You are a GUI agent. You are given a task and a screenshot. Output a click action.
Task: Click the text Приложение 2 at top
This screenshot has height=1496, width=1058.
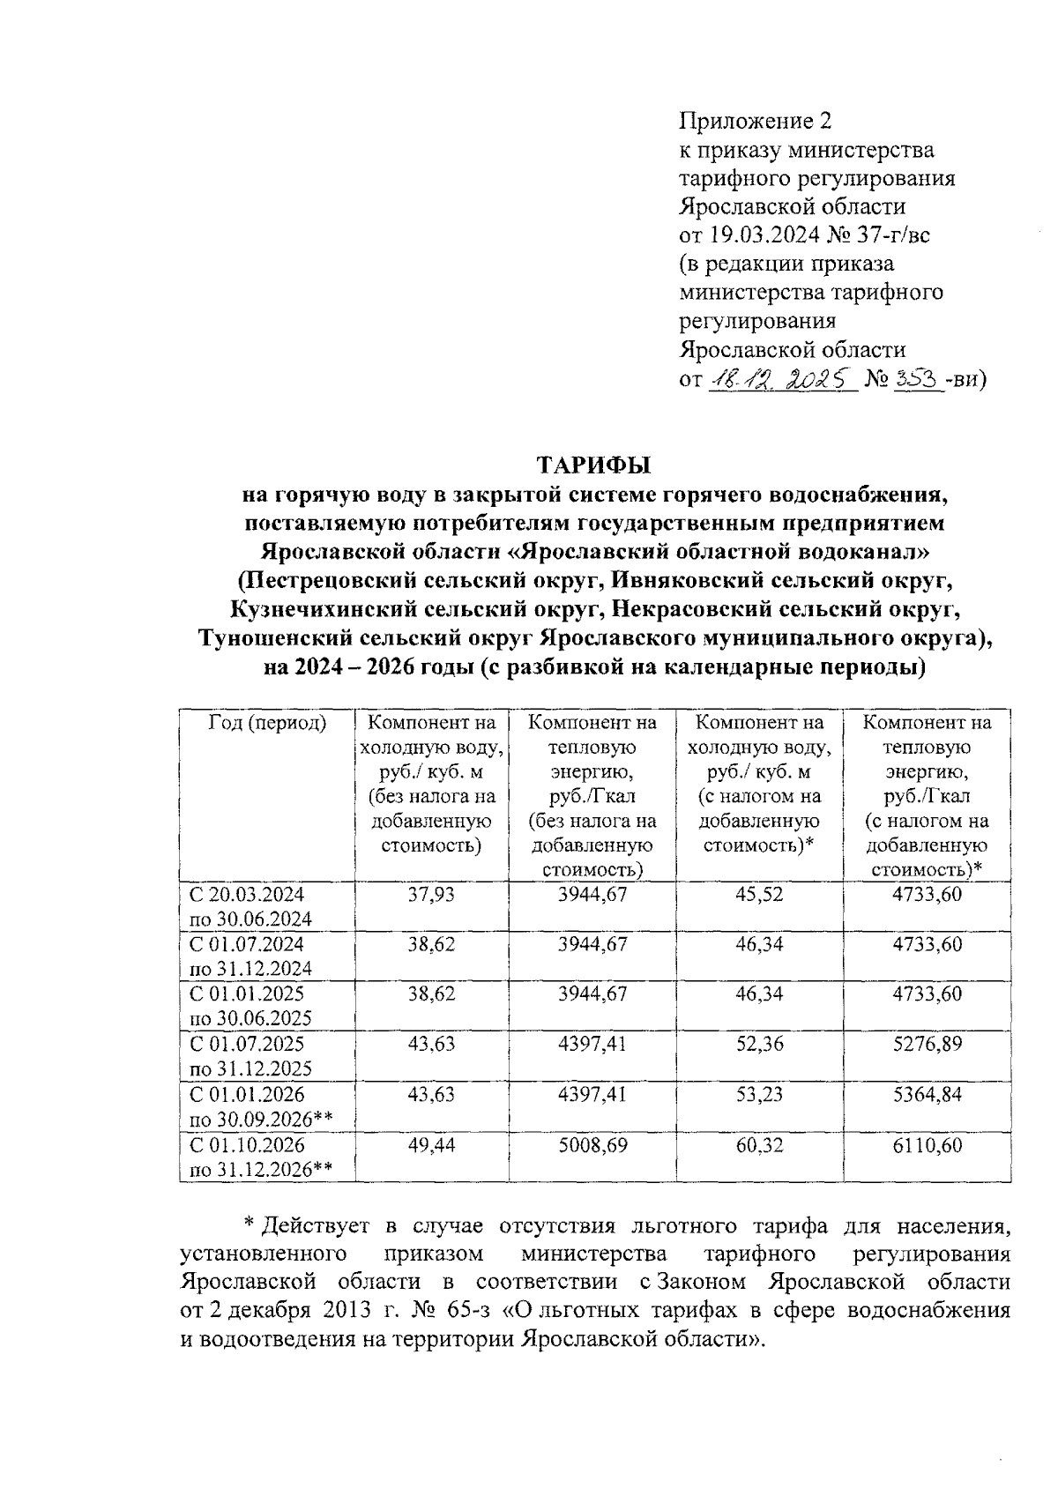(x=756, y=121)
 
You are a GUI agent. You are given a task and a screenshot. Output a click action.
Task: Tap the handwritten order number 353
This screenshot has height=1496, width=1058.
(x=914, y=381)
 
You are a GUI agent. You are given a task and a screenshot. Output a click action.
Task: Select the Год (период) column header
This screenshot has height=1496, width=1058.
(x=267, y=724)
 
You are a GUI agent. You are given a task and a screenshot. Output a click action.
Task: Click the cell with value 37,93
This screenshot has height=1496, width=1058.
(x=431, y=894)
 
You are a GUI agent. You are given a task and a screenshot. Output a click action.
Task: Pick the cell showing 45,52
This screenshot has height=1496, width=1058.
(x=759, y=894)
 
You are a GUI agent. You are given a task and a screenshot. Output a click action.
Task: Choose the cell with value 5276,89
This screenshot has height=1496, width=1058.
(x=927, y=1044)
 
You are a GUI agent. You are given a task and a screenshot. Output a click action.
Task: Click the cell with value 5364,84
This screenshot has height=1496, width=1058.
(x=927, y=1094)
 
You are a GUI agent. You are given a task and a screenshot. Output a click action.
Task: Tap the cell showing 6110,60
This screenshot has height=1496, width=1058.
(x=927, y=1145)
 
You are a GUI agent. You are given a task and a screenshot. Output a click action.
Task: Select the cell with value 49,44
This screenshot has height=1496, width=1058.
(x=431, y=1145)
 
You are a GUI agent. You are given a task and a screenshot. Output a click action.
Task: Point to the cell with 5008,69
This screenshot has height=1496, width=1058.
(x=592, y=1145)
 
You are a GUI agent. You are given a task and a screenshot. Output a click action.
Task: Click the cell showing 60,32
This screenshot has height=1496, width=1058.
(x=759, y=1145)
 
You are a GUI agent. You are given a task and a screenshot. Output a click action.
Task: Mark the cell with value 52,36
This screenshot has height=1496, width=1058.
(x=759, y=1044)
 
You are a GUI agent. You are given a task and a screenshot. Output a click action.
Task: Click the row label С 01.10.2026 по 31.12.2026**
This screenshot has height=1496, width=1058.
(x=261, y=1157)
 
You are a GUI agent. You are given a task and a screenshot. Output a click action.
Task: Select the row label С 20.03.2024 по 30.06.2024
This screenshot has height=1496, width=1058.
(x=251, y=906)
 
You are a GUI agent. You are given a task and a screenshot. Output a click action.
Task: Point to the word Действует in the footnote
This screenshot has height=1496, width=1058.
(x=317, y=1226)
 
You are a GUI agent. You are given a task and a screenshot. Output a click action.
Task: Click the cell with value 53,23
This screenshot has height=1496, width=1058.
(x=759, y=1094)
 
